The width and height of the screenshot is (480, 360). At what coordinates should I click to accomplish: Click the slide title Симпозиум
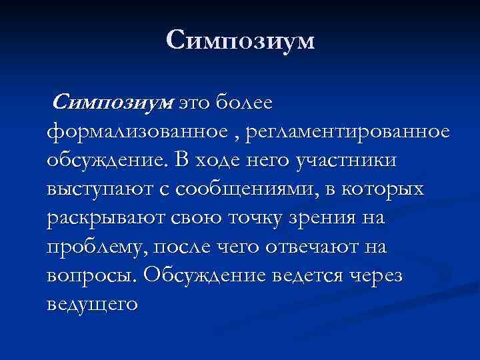tap(240, 41)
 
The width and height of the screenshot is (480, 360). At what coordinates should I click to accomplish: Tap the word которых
tap(384, 190)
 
